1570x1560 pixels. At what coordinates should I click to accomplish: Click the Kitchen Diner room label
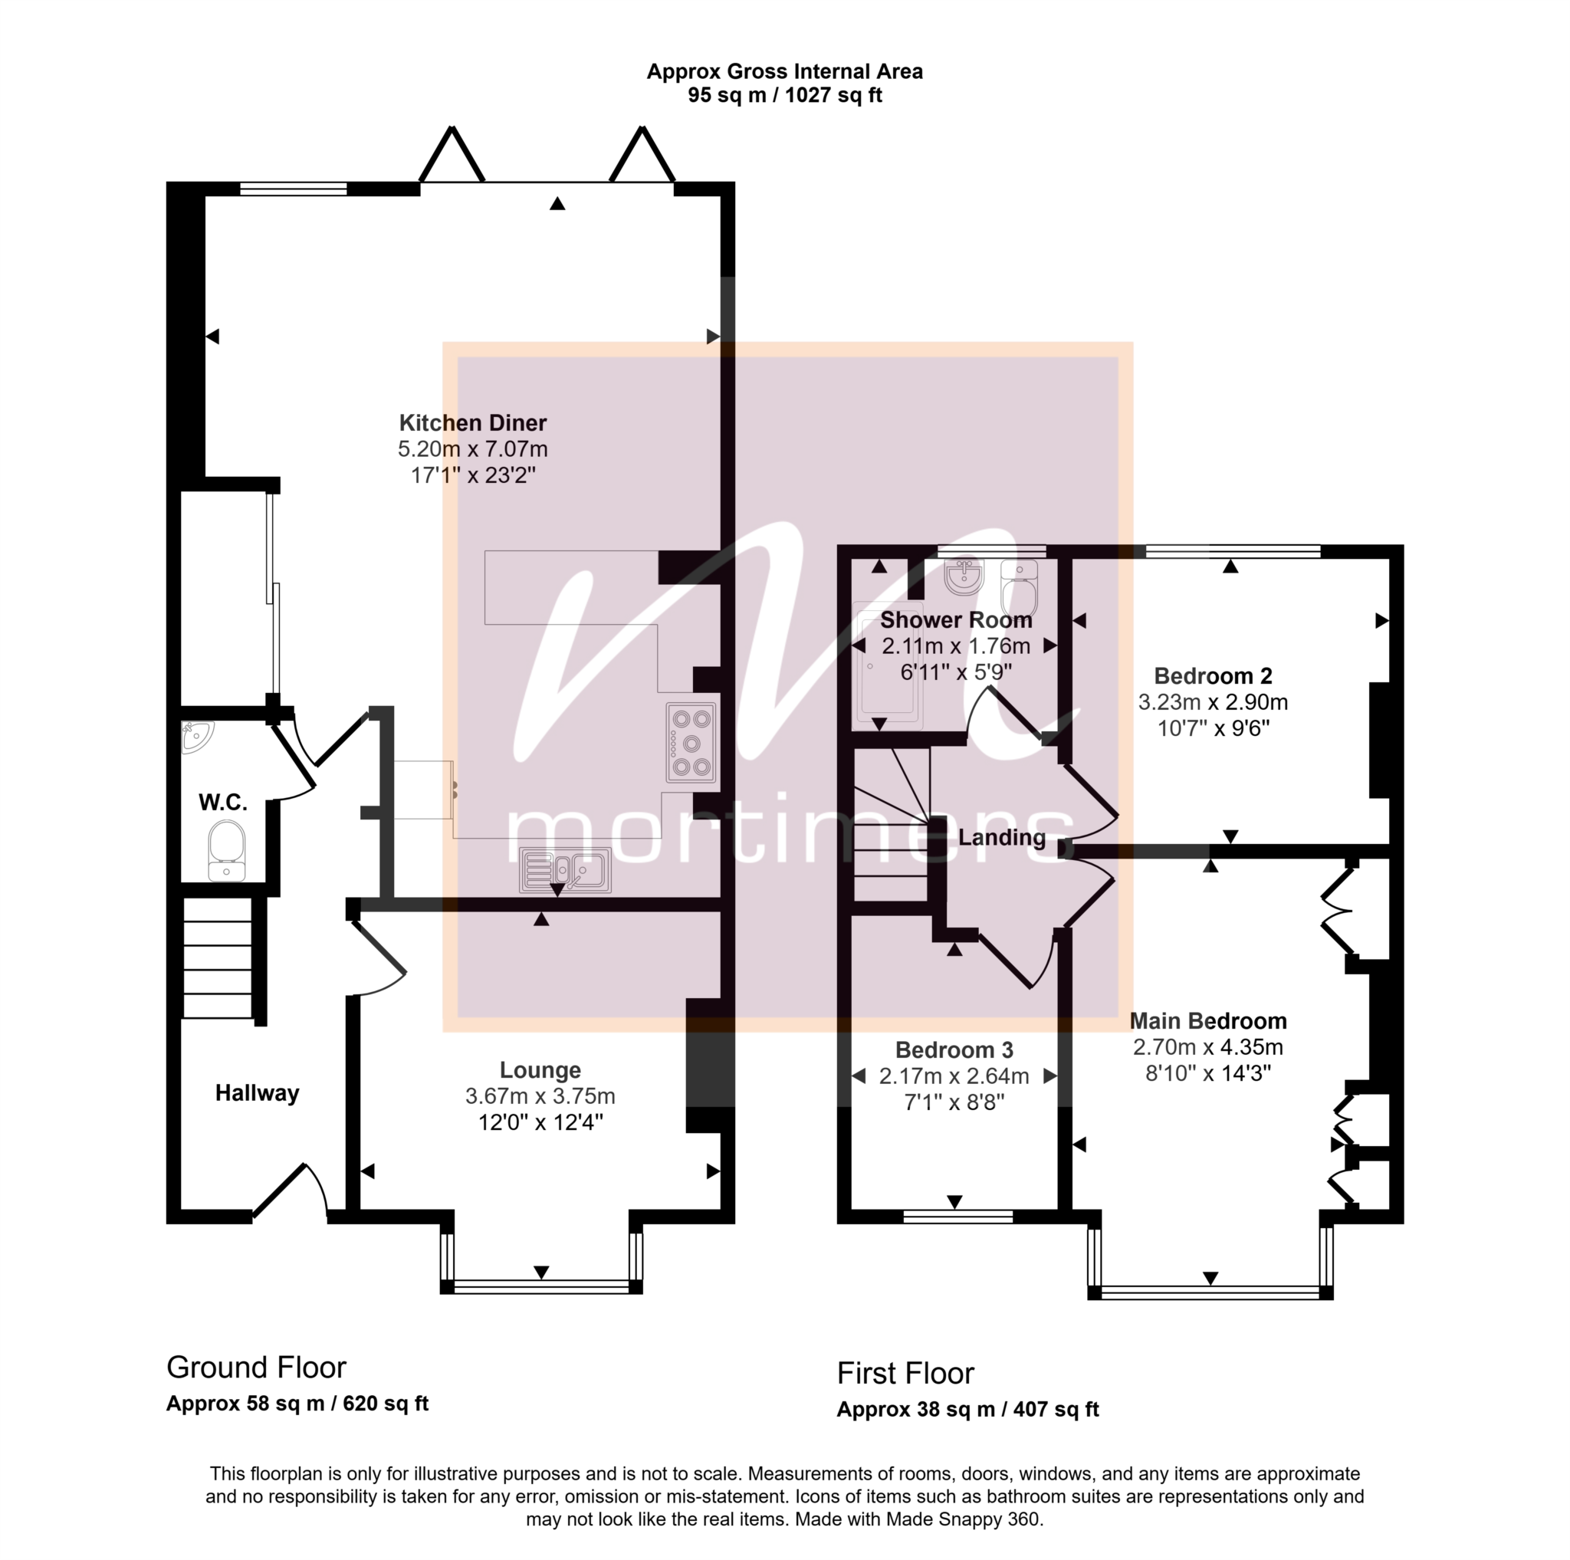tap(472, 422)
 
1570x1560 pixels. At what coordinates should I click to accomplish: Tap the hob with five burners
tap(691, 743)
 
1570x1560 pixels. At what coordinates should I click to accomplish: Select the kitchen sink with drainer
tap(566, 870)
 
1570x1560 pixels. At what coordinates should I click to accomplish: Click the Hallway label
tap(257, 1093)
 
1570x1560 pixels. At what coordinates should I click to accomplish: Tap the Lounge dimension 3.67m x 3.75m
tap(540, 1096)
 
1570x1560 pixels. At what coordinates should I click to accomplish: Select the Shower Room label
tap(956, 620)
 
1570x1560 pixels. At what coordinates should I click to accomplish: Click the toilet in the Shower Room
tap(1020, 587)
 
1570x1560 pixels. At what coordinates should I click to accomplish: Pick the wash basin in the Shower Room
tap(964, 575)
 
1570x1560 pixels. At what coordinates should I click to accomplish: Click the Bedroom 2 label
tap(1213, 675)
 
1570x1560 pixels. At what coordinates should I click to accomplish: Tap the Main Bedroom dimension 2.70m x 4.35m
tap(1207, 1046)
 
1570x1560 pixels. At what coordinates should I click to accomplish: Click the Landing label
tap(1001, 837)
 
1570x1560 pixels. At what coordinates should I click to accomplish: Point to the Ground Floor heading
tap(256, 1368)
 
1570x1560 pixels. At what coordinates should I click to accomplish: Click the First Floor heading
tap(905, 1373)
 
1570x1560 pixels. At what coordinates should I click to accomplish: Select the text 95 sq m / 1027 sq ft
tap(784, 95)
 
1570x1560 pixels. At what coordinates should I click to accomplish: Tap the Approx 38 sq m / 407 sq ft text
tap(968, 1409)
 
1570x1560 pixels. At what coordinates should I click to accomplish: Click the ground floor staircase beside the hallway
tap(217, 957)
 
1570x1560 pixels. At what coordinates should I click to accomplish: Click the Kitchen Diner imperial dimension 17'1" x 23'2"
tap(473, 475)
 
